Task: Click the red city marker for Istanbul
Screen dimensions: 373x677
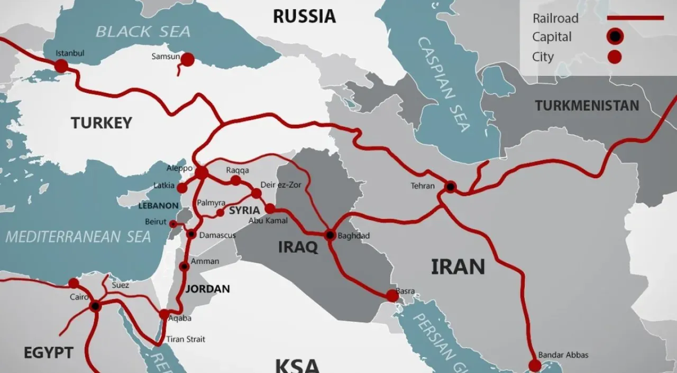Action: [61, 66]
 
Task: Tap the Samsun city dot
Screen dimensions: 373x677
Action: [187, 60]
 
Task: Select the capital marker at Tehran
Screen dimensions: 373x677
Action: [450, 186]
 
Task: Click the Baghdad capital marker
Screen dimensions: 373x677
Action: [331, 235]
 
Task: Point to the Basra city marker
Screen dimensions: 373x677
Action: [392, 296]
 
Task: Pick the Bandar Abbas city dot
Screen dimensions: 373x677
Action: [535, 366]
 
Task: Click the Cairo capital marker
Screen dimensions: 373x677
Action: [95, 306]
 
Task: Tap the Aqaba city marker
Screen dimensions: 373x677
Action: [164, 314]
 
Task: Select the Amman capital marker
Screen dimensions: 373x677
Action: [184, 267]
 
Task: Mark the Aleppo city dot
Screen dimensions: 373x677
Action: [202, 173]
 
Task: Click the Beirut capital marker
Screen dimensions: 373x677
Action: [173, 224]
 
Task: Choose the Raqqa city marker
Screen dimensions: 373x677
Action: [236, 181]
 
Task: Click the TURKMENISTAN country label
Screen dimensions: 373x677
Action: [587, 106]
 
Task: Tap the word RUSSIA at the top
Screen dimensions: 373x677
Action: [304, 16]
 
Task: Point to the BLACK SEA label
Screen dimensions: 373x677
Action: [143, 31]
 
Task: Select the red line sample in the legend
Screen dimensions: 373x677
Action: [635, 18]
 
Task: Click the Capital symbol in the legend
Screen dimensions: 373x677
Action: [615, 36]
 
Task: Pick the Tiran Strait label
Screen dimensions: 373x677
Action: [186, 339]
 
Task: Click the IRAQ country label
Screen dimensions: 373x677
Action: [298, 247]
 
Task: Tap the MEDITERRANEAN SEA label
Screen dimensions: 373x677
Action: [78, 237]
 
